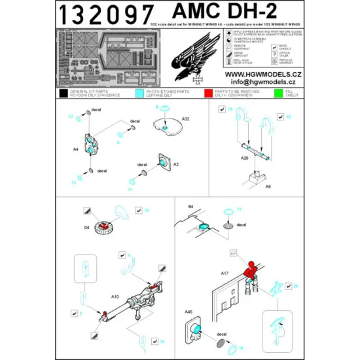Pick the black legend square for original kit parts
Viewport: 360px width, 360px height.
pos(64,95)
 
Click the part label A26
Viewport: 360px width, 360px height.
pos(245,158)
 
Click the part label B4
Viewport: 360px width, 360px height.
pos(191,206)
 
